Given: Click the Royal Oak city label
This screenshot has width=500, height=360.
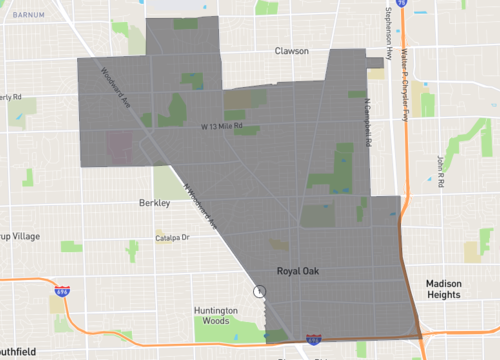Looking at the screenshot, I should point(298,271).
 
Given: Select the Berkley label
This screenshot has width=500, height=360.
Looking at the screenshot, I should point(154,203).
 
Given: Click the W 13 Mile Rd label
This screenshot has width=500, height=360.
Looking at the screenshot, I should point(222,127).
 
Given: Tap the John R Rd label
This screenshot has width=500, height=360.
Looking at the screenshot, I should point(440,162).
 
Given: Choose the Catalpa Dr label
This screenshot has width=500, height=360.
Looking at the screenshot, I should point(173,238).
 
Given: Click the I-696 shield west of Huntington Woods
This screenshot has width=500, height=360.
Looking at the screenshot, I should point(62,292).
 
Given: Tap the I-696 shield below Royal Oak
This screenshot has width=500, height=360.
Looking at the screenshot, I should point(313,340).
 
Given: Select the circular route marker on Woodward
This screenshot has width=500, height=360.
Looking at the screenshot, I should point(259,291).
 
